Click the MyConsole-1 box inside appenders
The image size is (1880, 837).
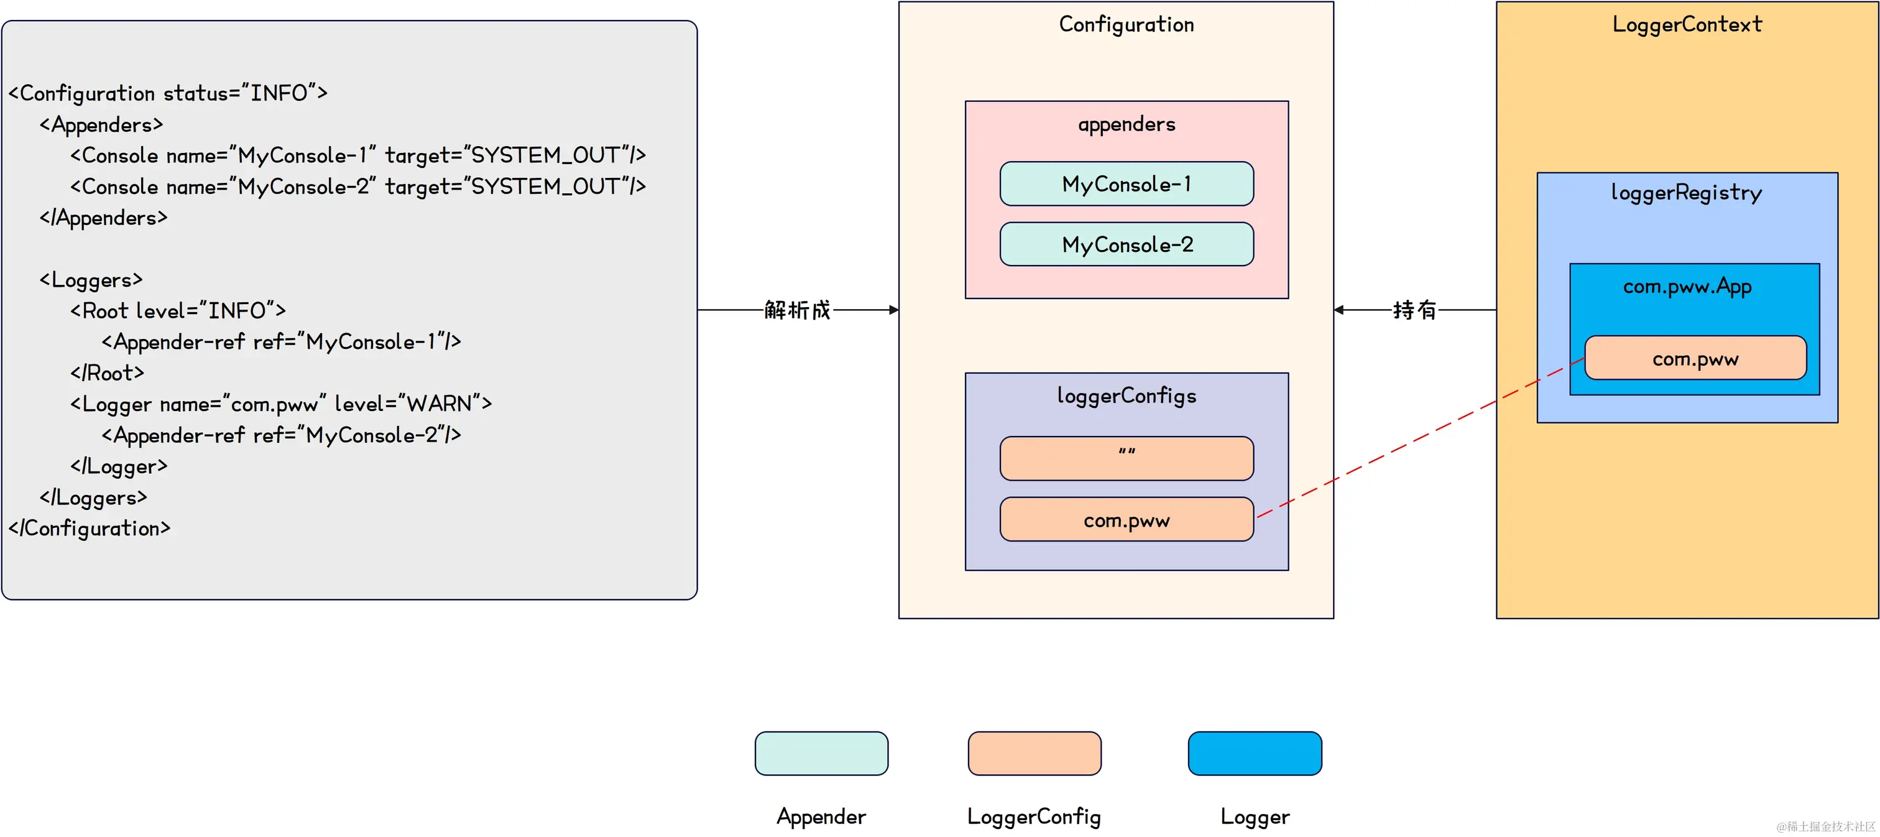(1126, 184)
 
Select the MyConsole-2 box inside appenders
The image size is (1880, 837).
(1126, 244)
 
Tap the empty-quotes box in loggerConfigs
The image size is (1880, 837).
(1126, 458)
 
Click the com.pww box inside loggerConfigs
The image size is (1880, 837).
(1126, 520)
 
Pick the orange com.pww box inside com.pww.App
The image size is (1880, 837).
(1695, 358)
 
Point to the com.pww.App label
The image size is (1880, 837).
(1687, 287)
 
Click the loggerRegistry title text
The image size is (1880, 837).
(1686, 193)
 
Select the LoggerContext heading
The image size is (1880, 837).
(1687, 25)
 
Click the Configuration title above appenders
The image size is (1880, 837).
(1126, 25)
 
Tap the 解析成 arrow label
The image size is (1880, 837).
(797, 310)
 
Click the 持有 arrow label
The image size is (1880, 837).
(1414, 310)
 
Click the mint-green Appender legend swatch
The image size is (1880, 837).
(821, 753)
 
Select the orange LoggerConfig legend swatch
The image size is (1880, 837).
(1034, 753)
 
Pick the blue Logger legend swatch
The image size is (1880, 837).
(1255, 753)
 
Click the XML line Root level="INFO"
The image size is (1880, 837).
(177, 311)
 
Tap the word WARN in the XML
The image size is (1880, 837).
(439, 404)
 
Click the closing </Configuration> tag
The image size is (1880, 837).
(89, 529)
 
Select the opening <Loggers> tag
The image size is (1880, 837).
(91, 280)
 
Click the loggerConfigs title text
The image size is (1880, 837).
(1126, 396)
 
